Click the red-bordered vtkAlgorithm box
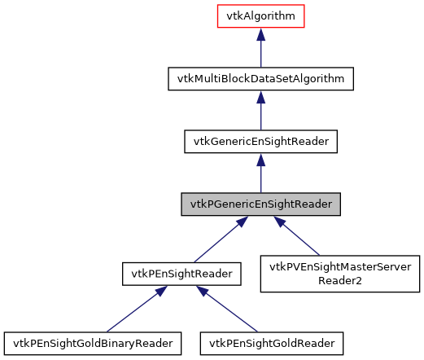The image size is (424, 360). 260,17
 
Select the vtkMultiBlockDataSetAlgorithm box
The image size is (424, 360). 260,79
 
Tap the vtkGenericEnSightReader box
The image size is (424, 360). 260,141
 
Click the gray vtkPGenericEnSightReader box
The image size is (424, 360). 260,204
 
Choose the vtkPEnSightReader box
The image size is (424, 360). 181,274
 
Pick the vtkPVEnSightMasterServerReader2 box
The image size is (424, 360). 339,274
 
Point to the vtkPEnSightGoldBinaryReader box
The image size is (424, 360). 93,343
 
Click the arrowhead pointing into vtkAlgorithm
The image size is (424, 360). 260,36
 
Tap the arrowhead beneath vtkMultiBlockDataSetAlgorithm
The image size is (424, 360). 260,98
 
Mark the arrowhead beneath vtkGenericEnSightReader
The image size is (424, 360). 260,160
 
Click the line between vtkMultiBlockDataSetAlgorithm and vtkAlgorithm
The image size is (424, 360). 260,55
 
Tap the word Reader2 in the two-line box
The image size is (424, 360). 339,281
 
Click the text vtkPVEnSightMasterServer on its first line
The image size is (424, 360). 339,267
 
